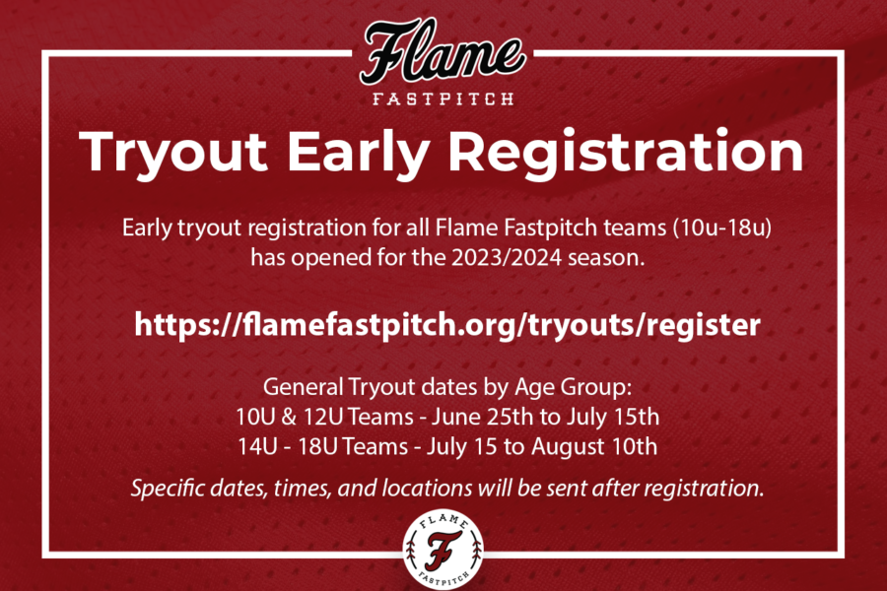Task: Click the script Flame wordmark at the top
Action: [x=443, y=52]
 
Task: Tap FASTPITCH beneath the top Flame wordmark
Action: [x=443, y=98]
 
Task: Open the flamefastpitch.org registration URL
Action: [x=446, y=325]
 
